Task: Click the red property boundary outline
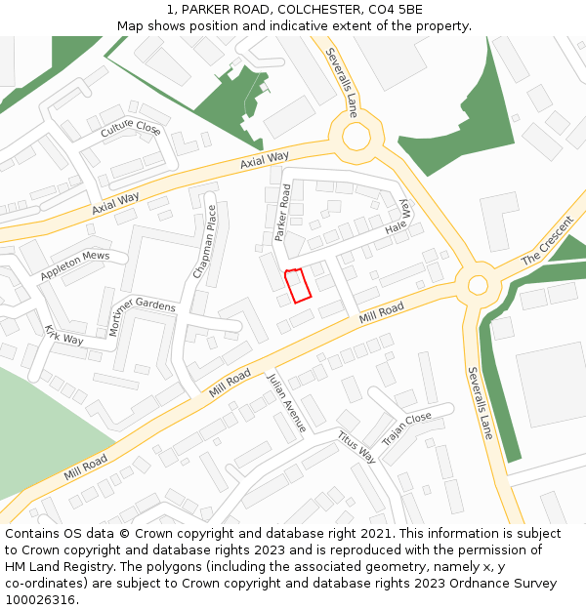coord(297,285)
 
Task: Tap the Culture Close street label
coord(130,128)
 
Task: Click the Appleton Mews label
coord(74,266)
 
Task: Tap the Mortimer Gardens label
coord(142,314)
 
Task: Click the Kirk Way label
coord(63,335)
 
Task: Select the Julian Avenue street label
coord(287,403)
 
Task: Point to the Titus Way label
coord(356,448)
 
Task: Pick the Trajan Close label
coord(406,430)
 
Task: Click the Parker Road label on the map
coord(283,213)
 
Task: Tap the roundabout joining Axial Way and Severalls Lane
coord(356,137)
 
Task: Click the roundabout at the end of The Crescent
coord(477,286)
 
